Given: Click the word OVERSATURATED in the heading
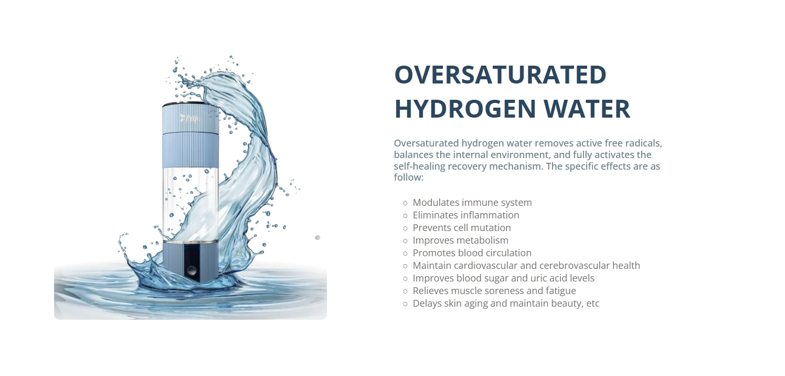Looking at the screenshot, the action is pyautogui.click(x=500, y=75).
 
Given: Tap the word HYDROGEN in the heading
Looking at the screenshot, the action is pyautogui.click(x=465, y=108).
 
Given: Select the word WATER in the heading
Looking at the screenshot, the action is pyautogui.click(x=587, y=108).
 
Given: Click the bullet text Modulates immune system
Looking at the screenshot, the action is pyautogui.click(x=472, y=203).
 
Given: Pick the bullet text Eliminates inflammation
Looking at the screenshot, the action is pyautogui.click(x=466, y=215).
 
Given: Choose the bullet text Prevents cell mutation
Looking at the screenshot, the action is pyautogui.click(x=462, y=227).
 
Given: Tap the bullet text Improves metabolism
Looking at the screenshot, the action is pyautogui.click(x=460, y=241).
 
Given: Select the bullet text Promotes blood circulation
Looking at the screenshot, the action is pyautogui.click(x=472, y=253).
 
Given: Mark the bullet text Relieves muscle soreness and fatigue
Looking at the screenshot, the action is pyautogui.click(x=494, y=291).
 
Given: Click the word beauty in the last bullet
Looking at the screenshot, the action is pyautogui.click(x=567, y=304).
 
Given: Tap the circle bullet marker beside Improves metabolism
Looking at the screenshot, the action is pyautogui.click(x=405, y=241).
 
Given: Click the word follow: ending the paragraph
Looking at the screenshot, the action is pyautogui.click(x=409, y=177).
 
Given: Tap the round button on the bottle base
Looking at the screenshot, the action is pyautogui.click(x=192, y=270).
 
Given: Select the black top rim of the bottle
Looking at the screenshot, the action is pyautogui.click(x=190, y=104).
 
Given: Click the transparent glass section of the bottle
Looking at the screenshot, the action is pyautogui.click(x=190, y=203).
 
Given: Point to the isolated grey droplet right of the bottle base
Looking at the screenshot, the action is pyautogui.click(x=317, y=237).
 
